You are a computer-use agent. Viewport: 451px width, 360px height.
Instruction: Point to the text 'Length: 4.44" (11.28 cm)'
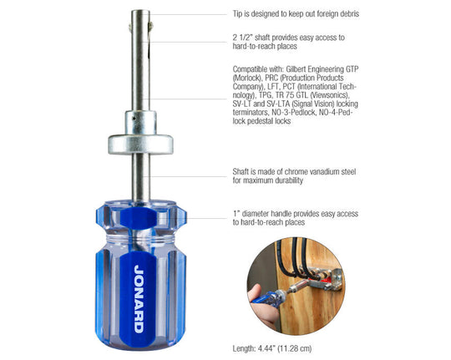click(278, 347)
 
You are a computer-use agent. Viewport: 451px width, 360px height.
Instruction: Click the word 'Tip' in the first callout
click(238, 14)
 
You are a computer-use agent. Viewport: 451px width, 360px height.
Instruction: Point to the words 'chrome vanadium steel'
click(322, 170)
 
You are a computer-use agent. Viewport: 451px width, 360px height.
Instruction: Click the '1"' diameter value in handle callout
click(236, 213)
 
